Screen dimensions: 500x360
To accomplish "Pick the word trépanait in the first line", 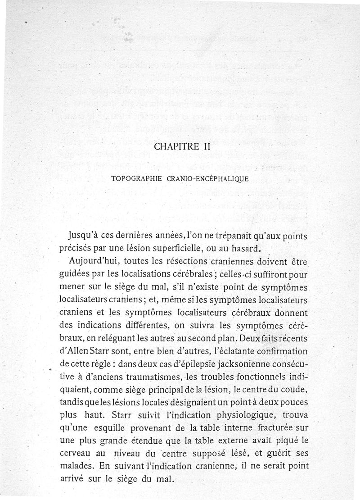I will coord(233,235).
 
